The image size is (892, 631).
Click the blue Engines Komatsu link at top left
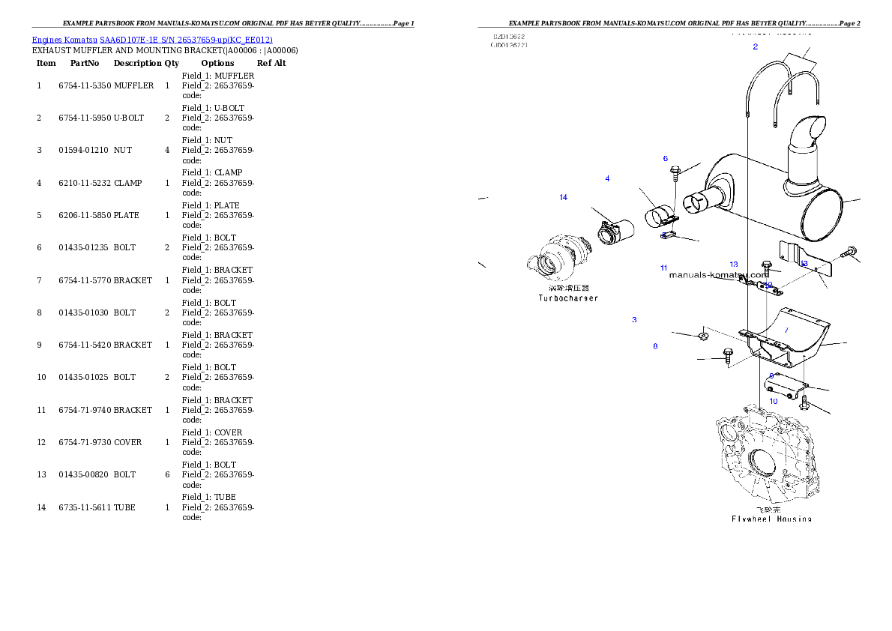pos(152,39)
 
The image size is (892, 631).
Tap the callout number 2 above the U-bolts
pos(755,46)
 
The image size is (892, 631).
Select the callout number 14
pos(563,197)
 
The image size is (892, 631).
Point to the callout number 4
pos(607,178)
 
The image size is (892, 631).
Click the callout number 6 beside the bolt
pos(665,158)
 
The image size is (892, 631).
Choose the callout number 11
pos(663,268)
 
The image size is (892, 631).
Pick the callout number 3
pos(634,320)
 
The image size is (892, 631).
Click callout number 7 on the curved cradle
pos(786,330)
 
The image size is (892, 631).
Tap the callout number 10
pos(774,401)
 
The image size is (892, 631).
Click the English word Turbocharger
pos(568,298)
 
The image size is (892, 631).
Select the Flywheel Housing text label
pos(771,518)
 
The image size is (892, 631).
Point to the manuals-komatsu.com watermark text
pos(718,274)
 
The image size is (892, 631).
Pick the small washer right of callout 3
pos(703,336)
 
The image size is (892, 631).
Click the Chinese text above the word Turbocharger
pos(568,287)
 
